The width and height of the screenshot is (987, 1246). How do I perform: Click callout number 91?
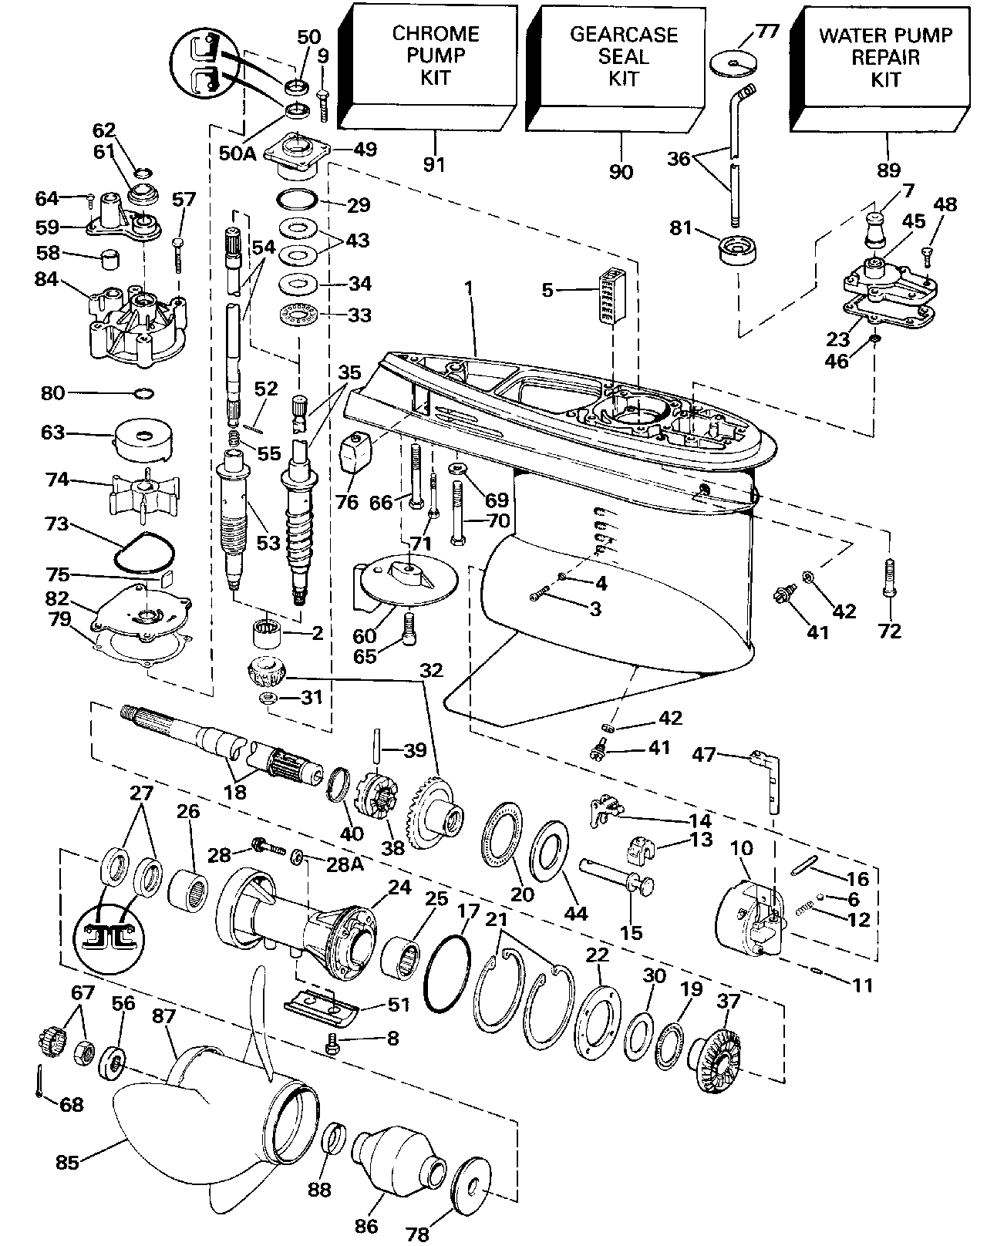(435, 163)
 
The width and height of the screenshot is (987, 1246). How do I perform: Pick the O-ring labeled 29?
(296, 200)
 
